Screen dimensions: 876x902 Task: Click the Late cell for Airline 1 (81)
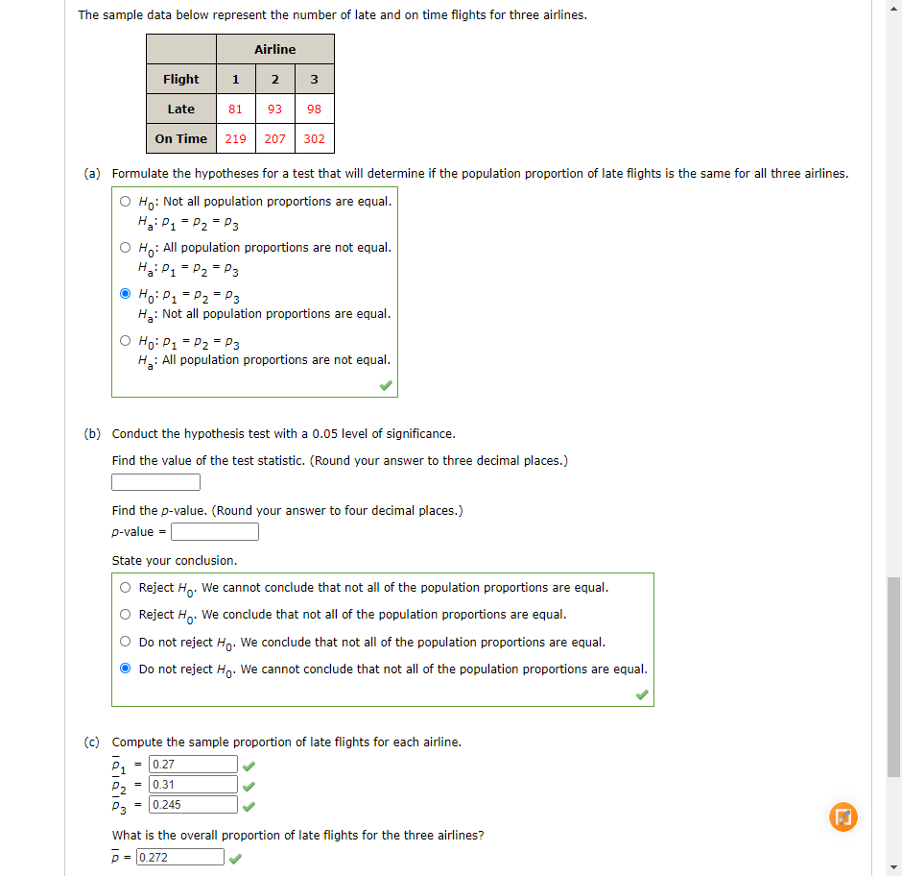pyautogui.click(x=235, y=109)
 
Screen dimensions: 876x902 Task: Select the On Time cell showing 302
pyautogui.click(x=314, y=139)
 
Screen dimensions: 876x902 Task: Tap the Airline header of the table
pyautogui.click(x=275, y=50)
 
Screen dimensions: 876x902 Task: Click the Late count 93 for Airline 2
pyautogui.click(x=274, y=109)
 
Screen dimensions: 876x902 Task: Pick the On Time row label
pyautogui.click(x=181, y=139)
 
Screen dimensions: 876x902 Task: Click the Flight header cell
pyautogui.click(x=181, y=80)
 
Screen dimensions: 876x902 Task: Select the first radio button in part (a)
pyautogui.click(x=126, y=202)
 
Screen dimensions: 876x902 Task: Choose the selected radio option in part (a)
pyautogui.click(x=126, y=294)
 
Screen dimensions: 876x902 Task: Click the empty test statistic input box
pyautogui.click(x=155, y=482)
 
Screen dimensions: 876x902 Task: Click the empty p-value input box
pyautogui.click(x=215, y=532)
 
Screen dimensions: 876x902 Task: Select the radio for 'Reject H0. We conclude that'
pyautogui.click(x=126, y=615)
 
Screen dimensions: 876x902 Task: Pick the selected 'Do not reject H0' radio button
pyautogui.click(x=126, y=669)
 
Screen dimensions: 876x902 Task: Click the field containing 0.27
pyautogui.click(x=193, y=765)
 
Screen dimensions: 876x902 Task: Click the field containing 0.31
pyautogui.click(x=193, y=785)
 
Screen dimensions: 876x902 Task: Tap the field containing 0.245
pyautogui.click(x=193, y=805)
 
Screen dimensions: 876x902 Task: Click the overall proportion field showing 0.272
pyautogui.click(x=180, y=857)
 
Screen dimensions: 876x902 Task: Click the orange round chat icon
pyautogui.click(x=842, y=817)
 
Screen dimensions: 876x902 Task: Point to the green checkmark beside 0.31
pyautogui.click(x=249, y=786)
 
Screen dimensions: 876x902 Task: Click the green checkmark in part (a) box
pyautogui.click(x=385, y=385)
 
